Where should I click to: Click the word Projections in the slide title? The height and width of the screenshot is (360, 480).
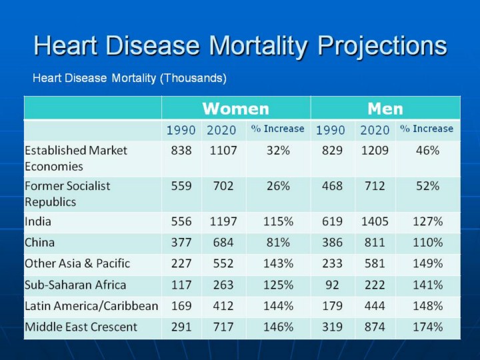click(x=382, y=46)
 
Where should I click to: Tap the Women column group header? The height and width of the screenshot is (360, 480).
click(x=235, y=108)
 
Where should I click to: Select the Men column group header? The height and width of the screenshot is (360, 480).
click(x=385, y=108)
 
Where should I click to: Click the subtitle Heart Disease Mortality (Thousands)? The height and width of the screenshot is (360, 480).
click(x=130, y=79)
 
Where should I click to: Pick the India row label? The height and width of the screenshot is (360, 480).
click(x=38, y=221)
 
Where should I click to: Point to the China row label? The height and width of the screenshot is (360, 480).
click(x=40, y=242)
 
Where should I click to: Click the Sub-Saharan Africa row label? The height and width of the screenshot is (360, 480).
click(x=75, y=285)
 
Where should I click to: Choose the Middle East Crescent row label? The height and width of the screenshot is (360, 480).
click(x=81, y=327)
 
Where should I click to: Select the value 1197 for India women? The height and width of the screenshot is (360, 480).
click(x=223, y=221)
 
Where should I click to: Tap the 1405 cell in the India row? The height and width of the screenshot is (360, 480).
click(x=374, y=221)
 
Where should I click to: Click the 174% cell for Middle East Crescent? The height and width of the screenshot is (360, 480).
click(x=427, y=327)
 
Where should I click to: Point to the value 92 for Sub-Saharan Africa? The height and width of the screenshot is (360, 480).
click(x=331, y=285)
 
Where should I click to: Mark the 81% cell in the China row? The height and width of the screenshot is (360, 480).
click(x=277, y=242)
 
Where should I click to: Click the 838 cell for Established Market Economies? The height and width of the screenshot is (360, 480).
click(x=181, y=151)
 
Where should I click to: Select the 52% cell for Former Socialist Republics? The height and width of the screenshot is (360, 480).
click(x=427, y=186)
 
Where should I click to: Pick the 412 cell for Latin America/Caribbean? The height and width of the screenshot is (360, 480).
click(x=223, y=306)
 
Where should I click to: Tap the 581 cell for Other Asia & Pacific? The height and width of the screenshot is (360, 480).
click(x=374, y=263)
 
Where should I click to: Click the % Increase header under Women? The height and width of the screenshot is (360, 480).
click(x=277, y=129)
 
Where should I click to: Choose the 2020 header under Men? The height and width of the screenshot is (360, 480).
click(x=374, y=129)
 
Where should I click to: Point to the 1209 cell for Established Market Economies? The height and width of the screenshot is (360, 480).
click(x=374, y=151)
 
